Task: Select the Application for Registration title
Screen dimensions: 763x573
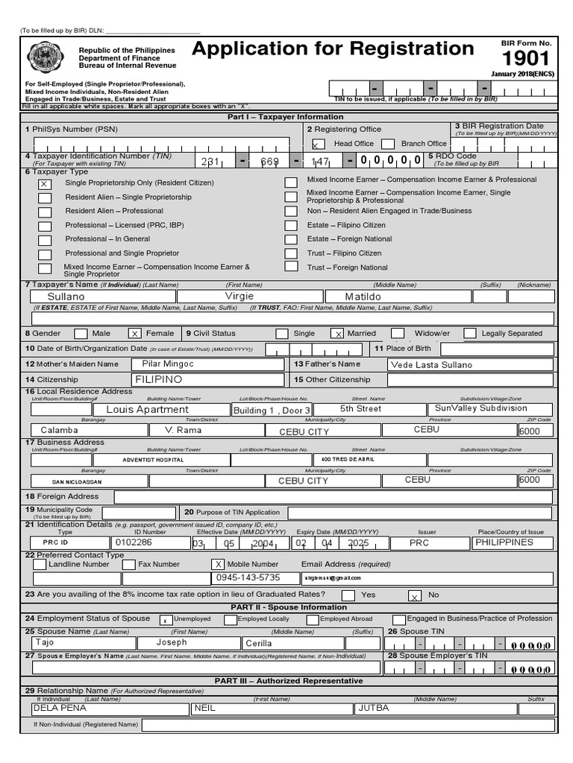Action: tap(333, 49)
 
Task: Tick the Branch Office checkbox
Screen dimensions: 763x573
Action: tap(387, 144)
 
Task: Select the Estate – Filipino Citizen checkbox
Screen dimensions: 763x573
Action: tap(291, 226)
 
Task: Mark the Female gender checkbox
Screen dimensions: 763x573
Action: tap(135, 334)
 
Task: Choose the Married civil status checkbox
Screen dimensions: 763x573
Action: tap(337, 334)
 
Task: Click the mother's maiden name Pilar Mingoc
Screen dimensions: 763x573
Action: tap(168, 364)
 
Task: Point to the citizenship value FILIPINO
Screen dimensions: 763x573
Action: tap(158, 379)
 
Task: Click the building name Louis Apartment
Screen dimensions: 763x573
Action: tap(147, 409)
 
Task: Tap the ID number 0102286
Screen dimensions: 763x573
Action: tap(138, 542)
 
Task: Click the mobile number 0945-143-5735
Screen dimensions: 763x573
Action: tap(248, 577)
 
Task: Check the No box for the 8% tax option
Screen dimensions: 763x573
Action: tap(414, 595)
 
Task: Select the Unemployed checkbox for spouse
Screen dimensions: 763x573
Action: tap(165, 619)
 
